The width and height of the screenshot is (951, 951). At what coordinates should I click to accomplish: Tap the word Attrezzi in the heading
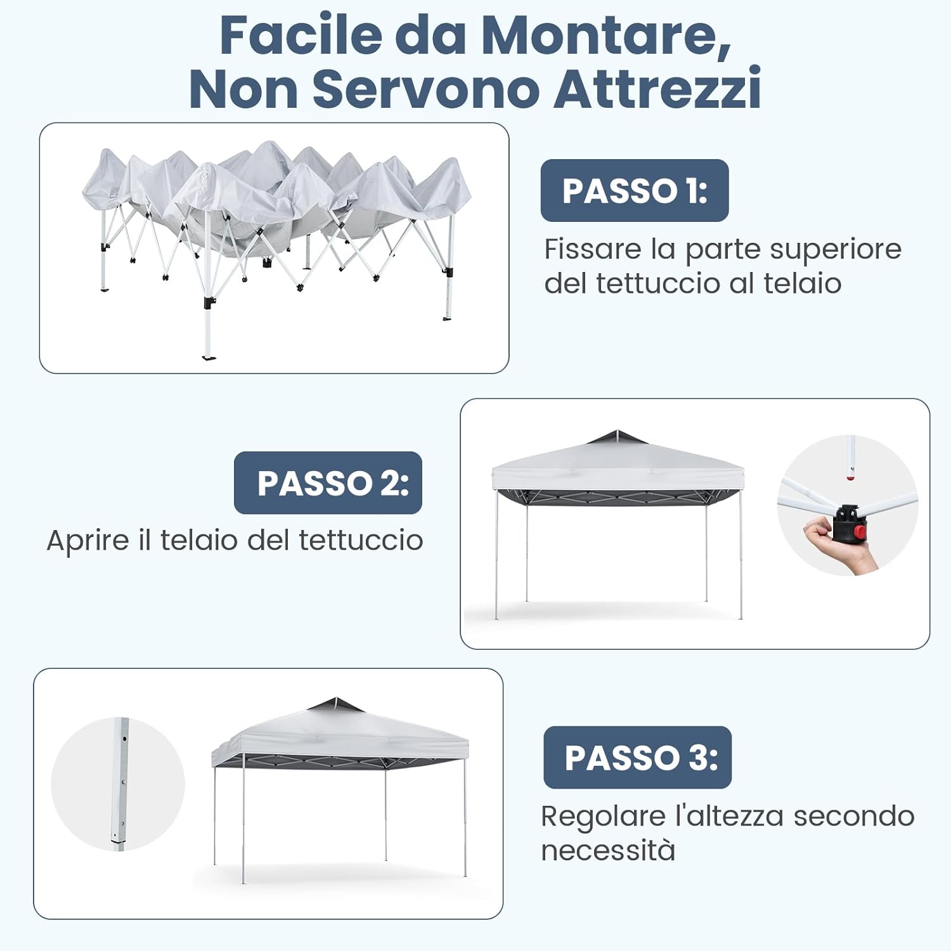[657, 89]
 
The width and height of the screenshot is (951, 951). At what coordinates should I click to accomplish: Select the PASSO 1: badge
[635, 190]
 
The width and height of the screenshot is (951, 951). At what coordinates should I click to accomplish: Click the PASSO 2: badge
[328, 483]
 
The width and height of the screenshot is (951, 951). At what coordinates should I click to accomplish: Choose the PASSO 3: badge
[638, 758]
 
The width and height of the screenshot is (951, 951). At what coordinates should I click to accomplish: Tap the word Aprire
[87, 541]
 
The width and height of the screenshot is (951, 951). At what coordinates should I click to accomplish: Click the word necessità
[608, 850]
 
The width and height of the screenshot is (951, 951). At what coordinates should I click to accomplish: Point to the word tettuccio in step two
[361, 541]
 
